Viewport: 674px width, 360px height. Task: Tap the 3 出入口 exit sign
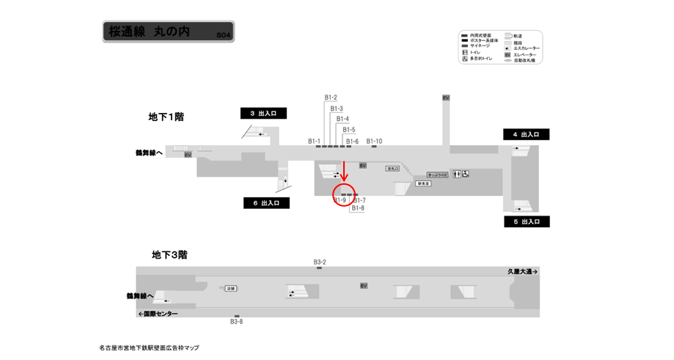[263, 113]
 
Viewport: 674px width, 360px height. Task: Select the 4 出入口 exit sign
[526, 134]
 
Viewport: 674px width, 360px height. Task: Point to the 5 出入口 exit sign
[527, 221]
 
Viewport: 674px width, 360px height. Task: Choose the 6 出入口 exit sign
[266, 203]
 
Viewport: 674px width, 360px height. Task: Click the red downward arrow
[345, 172]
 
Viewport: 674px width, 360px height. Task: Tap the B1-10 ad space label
[374, 141]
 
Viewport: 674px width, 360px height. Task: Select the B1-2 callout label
[331, 98]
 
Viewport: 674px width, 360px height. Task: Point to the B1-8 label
[358, 208]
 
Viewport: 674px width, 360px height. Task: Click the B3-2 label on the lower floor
[320, 262]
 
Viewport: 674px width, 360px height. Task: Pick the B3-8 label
[236, 322]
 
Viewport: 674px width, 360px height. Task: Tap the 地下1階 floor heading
[166, 117]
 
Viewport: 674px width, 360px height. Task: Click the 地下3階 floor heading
[169, 254]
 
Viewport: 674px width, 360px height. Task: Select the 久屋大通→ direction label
[522, 271]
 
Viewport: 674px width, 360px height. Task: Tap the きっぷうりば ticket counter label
[437, 175]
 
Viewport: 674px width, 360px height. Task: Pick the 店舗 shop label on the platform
[230, 289]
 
